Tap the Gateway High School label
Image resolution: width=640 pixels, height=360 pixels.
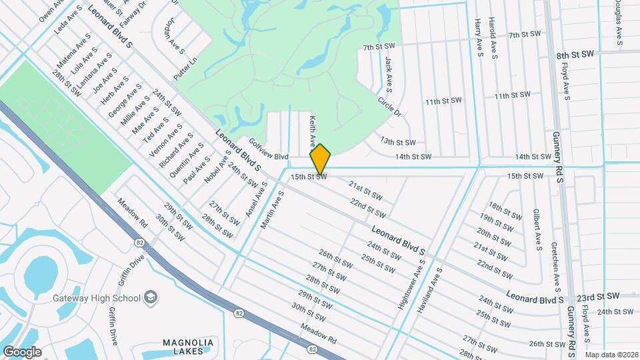[97, 297]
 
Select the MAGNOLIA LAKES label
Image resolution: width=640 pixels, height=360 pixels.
[188, 347]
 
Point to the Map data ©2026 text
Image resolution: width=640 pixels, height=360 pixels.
[611, 355]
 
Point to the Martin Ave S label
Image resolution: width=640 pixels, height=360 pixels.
[273, 210]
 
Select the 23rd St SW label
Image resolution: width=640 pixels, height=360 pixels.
[598, 295]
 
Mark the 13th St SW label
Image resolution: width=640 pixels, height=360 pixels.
[398, 142]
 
